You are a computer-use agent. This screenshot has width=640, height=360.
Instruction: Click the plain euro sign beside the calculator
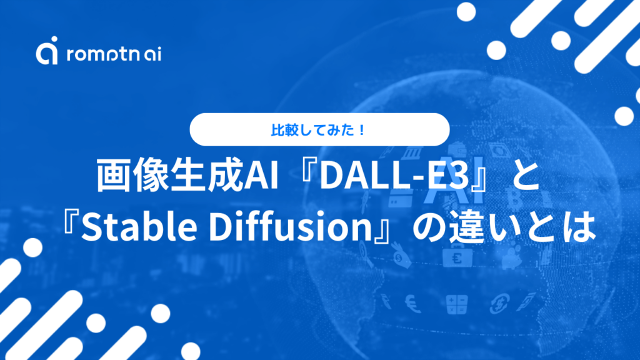[413, 302]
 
